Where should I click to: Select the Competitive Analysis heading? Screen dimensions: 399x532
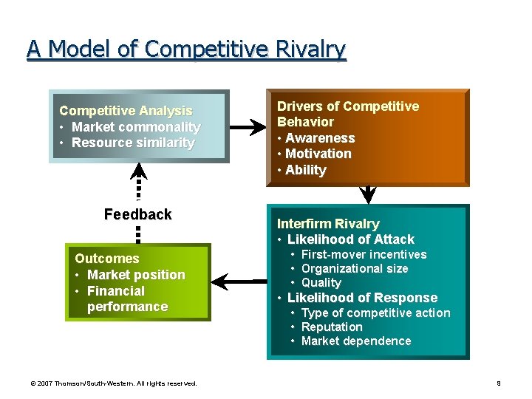coord(126,111)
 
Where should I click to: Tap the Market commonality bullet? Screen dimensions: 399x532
coord(136,127)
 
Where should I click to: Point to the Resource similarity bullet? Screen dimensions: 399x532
coord(133,143)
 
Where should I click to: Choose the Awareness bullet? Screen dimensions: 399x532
coord(319,138)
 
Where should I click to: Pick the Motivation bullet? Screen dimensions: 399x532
coord(318,154)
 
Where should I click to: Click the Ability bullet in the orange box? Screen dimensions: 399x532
coord(305,170)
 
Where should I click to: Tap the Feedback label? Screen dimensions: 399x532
coord(137,215)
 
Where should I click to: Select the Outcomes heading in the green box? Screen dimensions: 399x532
coord(106,259)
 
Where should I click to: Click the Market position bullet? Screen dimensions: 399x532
coord(136,275)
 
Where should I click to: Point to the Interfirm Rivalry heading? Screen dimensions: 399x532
coord(328,224)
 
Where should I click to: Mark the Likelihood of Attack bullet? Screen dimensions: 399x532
coord(350,239)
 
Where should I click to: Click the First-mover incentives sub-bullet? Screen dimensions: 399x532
coord(364,255)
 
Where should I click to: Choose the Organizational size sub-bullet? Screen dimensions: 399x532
coord(355,269)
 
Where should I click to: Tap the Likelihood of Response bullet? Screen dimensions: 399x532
coord(362,298)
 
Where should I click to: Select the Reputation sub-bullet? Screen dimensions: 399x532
coord(332,327)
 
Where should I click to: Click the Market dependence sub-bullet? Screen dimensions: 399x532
coord(355,341)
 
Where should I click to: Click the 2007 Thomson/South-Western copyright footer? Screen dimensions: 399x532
coord(114,383)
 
